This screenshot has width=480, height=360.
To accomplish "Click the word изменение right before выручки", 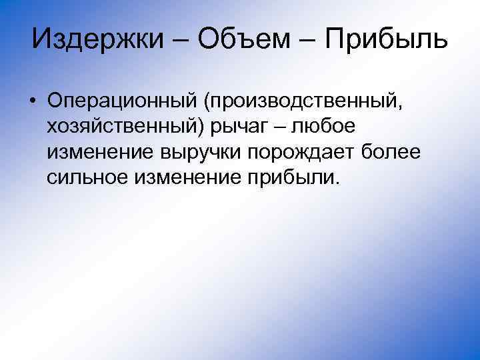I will [99, 153].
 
